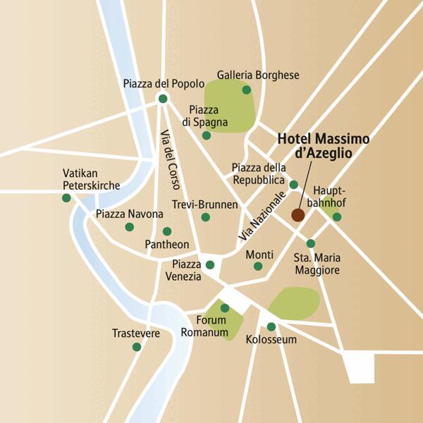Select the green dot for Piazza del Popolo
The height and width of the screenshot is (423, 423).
[x=163, y=99]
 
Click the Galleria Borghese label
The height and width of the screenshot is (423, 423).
[x=258, y=75]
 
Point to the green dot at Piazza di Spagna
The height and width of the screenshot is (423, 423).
[x=206, y=135]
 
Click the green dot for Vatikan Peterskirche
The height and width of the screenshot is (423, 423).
[x=66, y=198]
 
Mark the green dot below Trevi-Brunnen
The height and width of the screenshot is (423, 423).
[x=205, y=217]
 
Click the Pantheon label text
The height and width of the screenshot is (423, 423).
[x=166, y=245]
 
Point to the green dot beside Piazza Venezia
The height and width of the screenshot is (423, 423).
[x=209, y=265]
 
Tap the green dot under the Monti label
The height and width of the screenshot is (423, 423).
[x=258, y=266]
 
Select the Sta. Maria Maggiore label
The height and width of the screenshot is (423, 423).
[x=316, y=264]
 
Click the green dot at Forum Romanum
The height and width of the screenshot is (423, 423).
[x=225, y=308]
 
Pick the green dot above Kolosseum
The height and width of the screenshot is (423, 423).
[x=271, y=326]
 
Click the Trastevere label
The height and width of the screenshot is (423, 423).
[x=136, y=333]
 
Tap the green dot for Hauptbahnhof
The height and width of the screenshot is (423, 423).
[x=337, y=217]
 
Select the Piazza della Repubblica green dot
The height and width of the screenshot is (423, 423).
[x=293, y=185]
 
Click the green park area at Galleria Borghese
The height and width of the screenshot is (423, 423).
[x=229, y=106]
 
